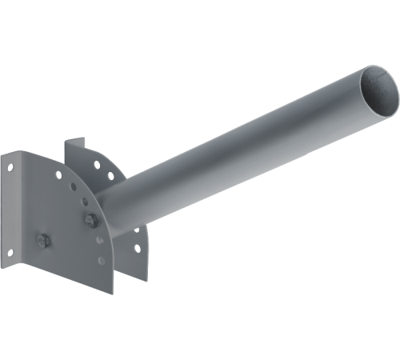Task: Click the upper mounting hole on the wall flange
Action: pyautogui.click(x=10, y=167)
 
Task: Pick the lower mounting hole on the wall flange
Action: pyautogui.click(x=10, y=252)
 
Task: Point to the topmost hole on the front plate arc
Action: pyautogui.click(x=58, y=174)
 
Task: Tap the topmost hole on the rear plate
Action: pyautogui.click(x=97, y=165)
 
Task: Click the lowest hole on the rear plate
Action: pyautogui.click(x=138, y=248)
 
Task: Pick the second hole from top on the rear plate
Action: pyautogui.click(x=110, y=175)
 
